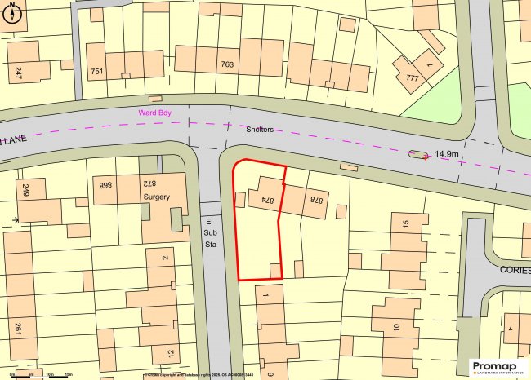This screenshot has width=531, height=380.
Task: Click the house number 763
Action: tap(227, 64)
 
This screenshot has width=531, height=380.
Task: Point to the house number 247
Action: tap(17, 73)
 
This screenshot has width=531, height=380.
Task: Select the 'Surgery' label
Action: tap(156, 197)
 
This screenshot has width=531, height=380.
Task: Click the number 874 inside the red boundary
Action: tap(265, 198)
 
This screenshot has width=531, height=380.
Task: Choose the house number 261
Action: tap(17, 329)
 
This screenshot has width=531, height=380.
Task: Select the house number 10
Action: tap(395, 327)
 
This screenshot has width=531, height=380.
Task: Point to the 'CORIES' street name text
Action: tap(514, 269)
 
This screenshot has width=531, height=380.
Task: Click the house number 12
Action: tap(169, 354)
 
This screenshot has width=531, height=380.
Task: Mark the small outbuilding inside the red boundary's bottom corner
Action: tap(275, 271)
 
